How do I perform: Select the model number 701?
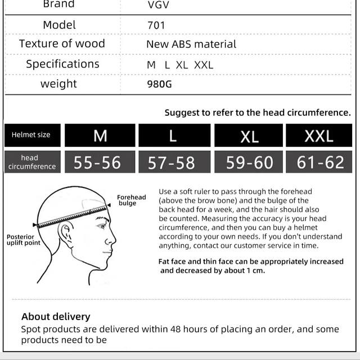click(x=156, y=25)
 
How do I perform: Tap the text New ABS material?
click(x=191, y=44)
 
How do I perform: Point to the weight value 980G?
click(x=159, y=84)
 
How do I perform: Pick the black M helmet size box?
click(x=100, y=136)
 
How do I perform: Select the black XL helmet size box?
click(x=249, y=136)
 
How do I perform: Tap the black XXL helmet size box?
click(x=318, y=136)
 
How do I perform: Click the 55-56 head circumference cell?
click(x=97, y=163)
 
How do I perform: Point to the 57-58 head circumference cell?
click(x=171, y=163)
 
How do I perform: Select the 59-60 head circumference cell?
click(x=249, y=163)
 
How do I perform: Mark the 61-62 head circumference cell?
click(x=320, y=163)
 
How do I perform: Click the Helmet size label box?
click(x=31, y=135)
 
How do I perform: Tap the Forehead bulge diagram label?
click(x=130, y=200)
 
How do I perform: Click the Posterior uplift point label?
click(x=24, y=240)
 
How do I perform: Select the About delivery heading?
click(x=56, y=317)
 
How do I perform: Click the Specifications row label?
click(x=62, y=64)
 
